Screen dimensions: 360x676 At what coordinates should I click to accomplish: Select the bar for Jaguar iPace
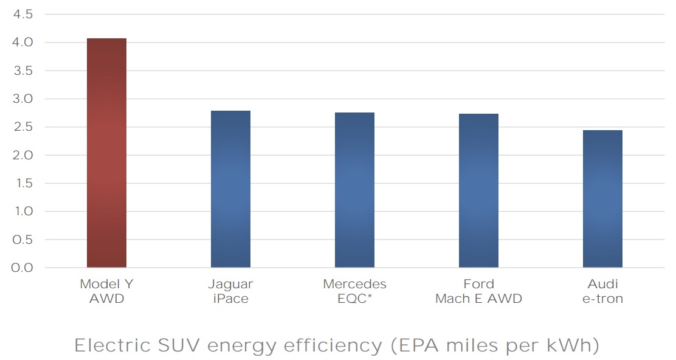(x=230, y=189)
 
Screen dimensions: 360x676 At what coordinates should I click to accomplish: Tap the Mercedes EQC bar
(x=354, y=190)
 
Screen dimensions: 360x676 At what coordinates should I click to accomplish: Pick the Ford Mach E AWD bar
(x=478, y=190)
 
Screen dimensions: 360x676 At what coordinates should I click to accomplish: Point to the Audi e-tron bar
(x=602, y=199)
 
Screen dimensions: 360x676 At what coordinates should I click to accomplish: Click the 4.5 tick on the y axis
(x=22, y=15)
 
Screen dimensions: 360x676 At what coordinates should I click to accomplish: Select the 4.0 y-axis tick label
(x=22, y=43)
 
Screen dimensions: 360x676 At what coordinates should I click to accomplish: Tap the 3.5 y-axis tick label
(x=22, y=71)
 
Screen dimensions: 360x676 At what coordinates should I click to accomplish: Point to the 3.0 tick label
(x=22, y=99)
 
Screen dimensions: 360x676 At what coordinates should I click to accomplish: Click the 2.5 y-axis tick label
(x=22, y=127)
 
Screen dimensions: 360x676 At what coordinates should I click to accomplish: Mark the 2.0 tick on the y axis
(x=22, y=155)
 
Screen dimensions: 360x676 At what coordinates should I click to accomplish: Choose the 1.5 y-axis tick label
(x=22, y=184)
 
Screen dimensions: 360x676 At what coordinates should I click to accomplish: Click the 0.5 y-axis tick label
(x=22, y=240)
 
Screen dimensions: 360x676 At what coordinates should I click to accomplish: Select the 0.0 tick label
(x=22, y=268)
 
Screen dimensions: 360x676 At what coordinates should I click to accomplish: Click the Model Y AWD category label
(x=106, y=291)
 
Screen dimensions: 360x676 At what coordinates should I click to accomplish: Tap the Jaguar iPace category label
(x=230, y=291)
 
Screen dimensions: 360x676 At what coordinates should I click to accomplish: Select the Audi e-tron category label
(x=602, y=291)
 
